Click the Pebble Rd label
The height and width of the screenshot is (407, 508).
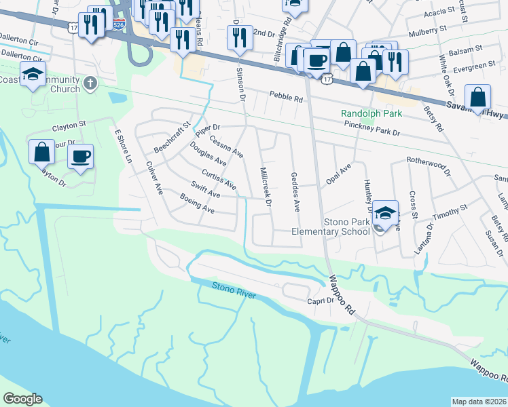click(285, 97)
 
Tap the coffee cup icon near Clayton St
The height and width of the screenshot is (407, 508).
click(80, 157)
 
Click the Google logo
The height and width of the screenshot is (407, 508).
click(22, 399)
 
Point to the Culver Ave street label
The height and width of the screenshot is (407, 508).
click(155, 179)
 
